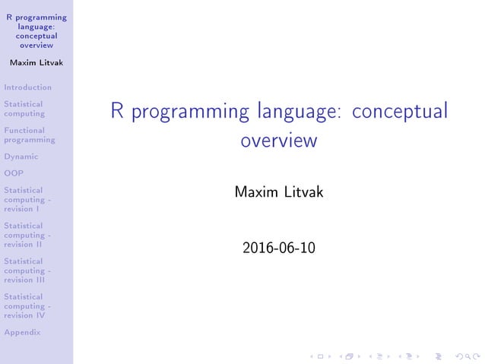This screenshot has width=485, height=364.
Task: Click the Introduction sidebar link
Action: [x=27, y=87]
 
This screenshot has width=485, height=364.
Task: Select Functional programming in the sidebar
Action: [x=29, y=135]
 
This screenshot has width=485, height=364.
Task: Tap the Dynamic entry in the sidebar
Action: [x=21, y=157]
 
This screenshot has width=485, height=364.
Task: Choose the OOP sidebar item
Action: [x=14, y=173]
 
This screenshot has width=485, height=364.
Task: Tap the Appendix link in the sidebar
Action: [x=21, y=332]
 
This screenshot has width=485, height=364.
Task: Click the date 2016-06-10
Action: [x=278, y=248]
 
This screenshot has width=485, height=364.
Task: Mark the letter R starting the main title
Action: [x=117, y=112]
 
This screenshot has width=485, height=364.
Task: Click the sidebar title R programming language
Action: [x=36, y=30]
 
